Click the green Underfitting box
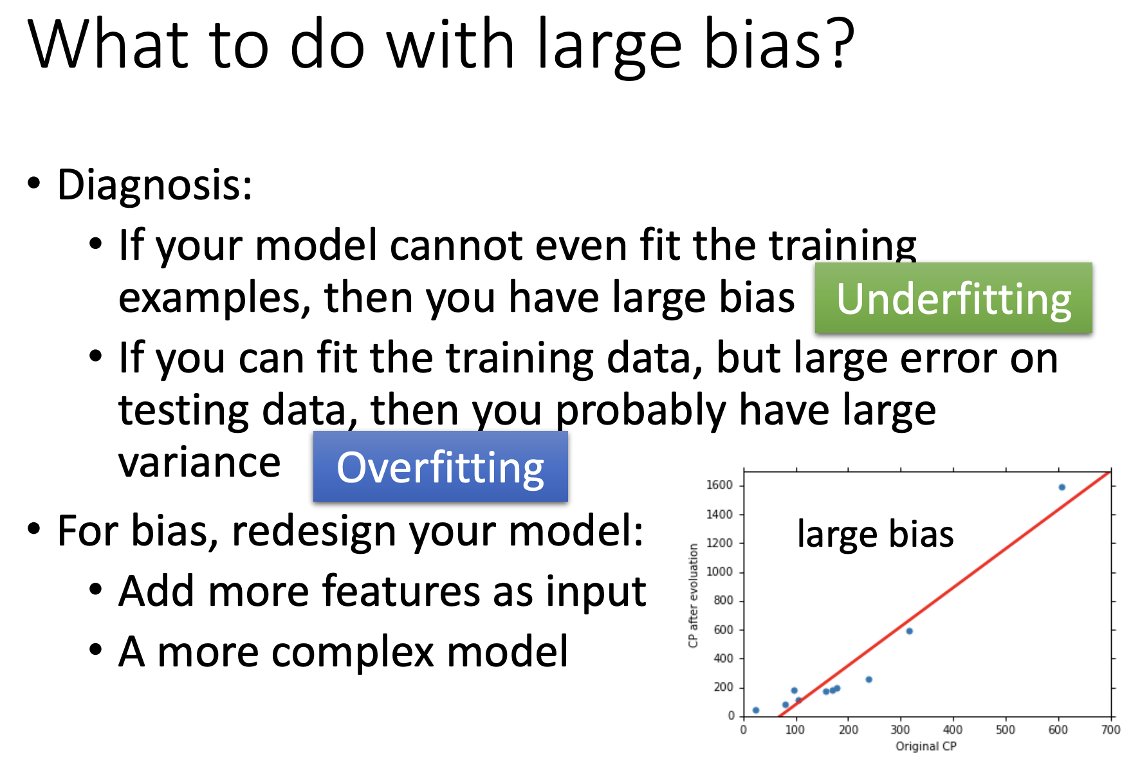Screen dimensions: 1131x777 [953, 298]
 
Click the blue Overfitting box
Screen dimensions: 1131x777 [441, 466]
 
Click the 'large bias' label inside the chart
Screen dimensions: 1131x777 [875, 534]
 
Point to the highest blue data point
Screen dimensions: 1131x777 [1062, 487]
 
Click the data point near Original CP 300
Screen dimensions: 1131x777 [909, 631]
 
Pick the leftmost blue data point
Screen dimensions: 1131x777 [756, 710]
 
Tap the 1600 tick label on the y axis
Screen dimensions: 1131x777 [719, 485]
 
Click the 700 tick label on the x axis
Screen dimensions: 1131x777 [1111, 730]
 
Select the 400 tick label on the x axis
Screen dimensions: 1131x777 [953, 730]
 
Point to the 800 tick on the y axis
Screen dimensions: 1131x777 [723, 600]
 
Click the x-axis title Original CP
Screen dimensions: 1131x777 [926, 746]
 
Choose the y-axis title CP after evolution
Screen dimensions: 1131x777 [693, 596]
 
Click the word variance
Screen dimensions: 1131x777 [199, 463]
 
